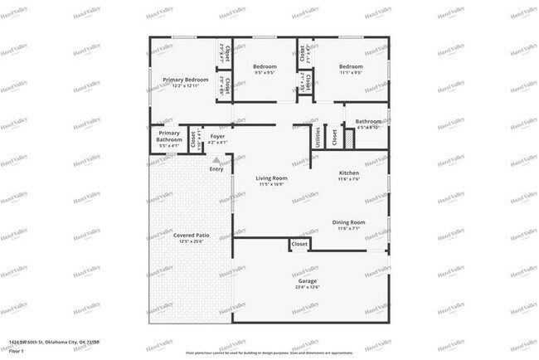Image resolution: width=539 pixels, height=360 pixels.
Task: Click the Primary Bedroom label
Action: pos(185,80)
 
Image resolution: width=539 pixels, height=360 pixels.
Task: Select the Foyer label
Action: pos(217,136)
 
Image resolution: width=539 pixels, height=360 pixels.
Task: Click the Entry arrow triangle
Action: pos(216,159)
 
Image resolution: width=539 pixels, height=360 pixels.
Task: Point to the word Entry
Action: pos(216,169)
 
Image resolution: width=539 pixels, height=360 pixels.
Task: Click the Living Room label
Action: pos(271,178)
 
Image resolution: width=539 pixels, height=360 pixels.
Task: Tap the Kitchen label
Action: pos(348,173)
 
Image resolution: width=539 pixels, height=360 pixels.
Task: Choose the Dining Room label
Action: pos(348,222)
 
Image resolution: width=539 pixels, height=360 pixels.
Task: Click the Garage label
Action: pos(308,281)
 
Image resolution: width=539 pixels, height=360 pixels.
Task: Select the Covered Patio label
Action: pos(191,236)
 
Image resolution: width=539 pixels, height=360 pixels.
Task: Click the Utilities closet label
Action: pos(318,137)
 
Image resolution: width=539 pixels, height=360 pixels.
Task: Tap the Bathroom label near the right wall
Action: pos(368,121)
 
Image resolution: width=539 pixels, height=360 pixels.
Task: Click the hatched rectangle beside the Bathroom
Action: pos(349,139)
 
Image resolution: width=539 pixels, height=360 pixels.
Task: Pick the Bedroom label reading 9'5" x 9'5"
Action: pos(265,66)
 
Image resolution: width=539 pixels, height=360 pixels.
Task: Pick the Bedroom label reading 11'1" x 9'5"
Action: pos(350,66)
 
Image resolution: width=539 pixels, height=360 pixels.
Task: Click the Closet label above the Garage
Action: pos(299,245)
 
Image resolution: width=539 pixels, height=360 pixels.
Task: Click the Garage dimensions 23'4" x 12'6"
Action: pos(308,288)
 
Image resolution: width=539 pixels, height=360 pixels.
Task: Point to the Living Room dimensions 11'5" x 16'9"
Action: pos(271,185)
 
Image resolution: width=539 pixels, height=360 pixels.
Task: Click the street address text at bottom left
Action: pos(50,341)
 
